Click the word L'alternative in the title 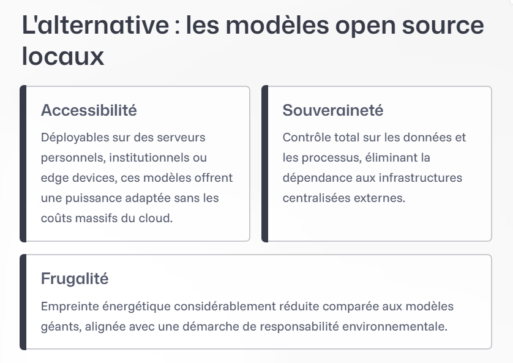click(95, 26)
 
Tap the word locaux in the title click(63, 57)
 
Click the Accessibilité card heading click(89, 111)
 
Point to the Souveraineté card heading click(333, 111)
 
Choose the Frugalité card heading click(75, 279)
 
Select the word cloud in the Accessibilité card click(157, 219)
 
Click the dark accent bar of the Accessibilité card click(23, 163)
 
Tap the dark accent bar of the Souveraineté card click(265, 163)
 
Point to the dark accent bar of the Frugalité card click(23, 302)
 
